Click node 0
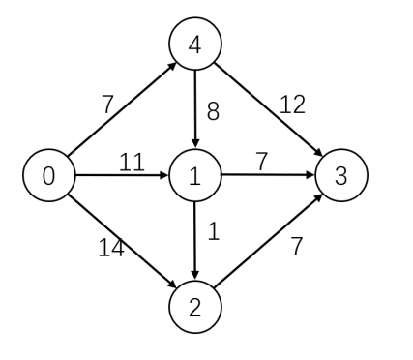[x=47, y=176]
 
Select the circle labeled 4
[x=195, y=44]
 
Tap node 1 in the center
[x=195, y=176]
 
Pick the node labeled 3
[x=341, y=176]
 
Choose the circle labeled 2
[x=195, y=308]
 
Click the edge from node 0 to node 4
[x=121, y=110]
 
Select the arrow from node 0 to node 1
[x=121, y=176]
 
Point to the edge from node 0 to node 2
[x=121, y=242]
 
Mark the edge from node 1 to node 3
[x=269, y=176]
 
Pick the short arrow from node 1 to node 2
[x=195, y=242]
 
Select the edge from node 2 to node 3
[x=269, y=242]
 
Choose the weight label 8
[x=214, y=110]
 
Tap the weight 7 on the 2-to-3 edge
[x=297, y=246]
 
